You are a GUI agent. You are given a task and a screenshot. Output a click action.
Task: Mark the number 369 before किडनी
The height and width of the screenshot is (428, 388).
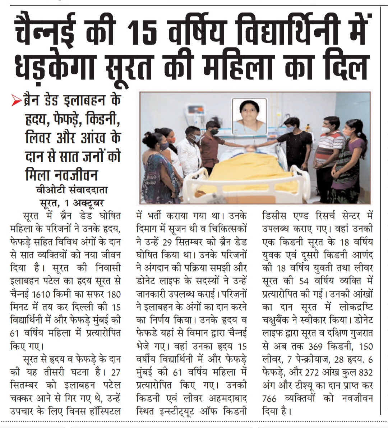318,347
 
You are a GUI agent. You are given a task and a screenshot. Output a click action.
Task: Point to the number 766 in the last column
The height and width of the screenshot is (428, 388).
270,399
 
